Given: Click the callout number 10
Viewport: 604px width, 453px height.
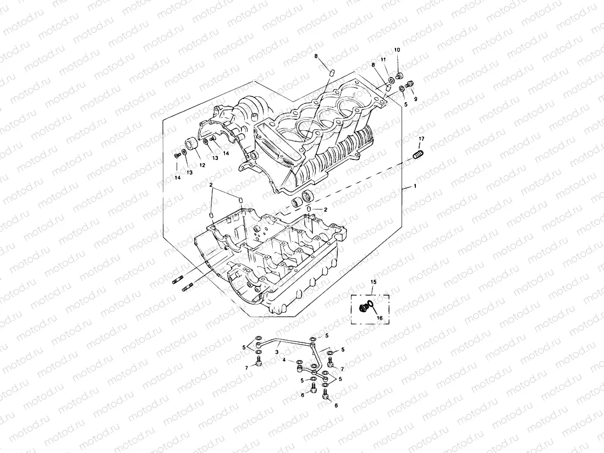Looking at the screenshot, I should pos(397,50).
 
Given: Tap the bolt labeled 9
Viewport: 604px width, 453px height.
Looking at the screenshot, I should pos(410,84).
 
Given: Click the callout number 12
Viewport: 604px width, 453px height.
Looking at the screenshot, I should pos(202,165).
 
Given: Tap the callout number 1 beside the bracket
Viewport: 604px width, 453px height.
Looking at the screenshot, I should pos(415,187).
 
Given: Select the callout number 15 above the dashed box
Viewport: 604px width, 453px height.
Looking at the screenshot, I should pos(374,282).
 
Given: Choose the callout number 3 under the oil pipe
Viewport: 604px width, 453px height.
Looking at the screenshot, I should pos(278,350).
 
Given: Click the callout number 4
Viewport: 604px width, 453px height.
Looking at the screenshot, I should pos(284,361).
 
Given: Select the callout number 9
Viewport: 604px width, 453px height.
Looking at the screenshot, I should pos(416,99).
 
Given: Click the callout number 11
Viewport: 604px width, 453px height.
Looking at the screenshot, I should pos(383,59).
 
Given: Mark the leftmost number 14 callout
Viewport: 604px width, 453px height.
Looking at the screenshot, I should pos(177,178).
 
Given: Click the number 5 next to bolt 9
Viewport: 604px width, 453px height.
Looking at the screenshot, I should pos(406,103).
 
